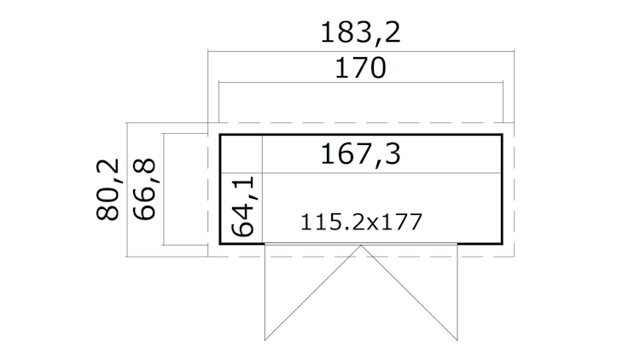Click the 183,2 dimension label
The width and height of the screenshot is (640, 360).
360,32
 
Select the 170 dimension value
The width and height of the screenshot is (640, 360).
360,68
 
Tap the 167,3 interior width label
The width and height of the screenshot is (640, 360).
360,154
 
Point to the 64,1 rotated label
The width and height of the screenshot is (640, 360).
242,206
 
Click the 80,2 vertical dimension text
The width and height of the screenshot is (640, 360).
108,189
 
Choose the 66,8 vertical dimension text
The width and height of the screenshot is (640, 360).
144,189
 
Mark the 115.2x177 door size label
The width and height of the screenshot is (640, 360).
361,223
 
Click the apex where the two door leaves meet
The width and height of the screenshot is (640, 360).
361,246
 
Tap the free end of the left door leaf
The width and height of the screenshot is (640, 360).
265,340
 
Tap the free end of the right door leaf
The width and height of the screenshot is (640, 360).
457,340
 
